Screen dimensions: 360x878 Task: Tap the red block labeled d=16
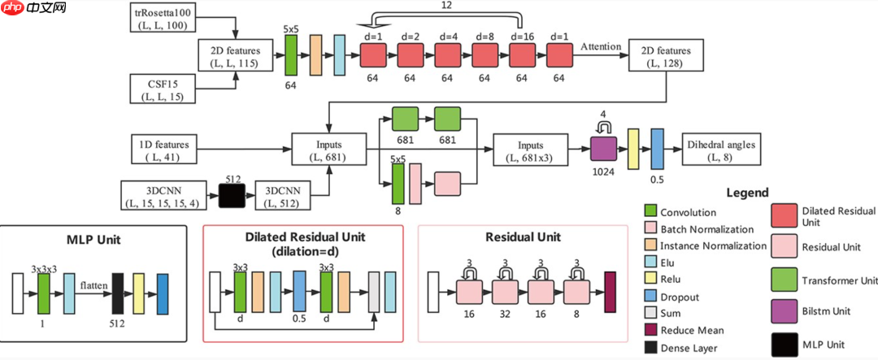(x=521, y=57)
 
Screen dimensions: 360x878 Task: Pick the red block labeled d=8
(x=485, y=57)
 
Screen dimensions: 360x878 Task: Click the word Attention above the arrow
(x=600, y=47)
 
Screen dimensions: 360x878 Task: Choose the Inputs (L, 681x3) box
(x=532, y=150)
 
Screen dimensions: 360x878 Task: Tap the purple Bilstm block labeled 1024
(x=604, y=150)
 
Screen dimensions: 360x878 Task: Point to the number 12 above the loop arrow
(x=446, y=6)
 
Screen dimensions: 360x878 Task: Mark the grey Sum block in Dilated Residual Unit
(x=374, y=293)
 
